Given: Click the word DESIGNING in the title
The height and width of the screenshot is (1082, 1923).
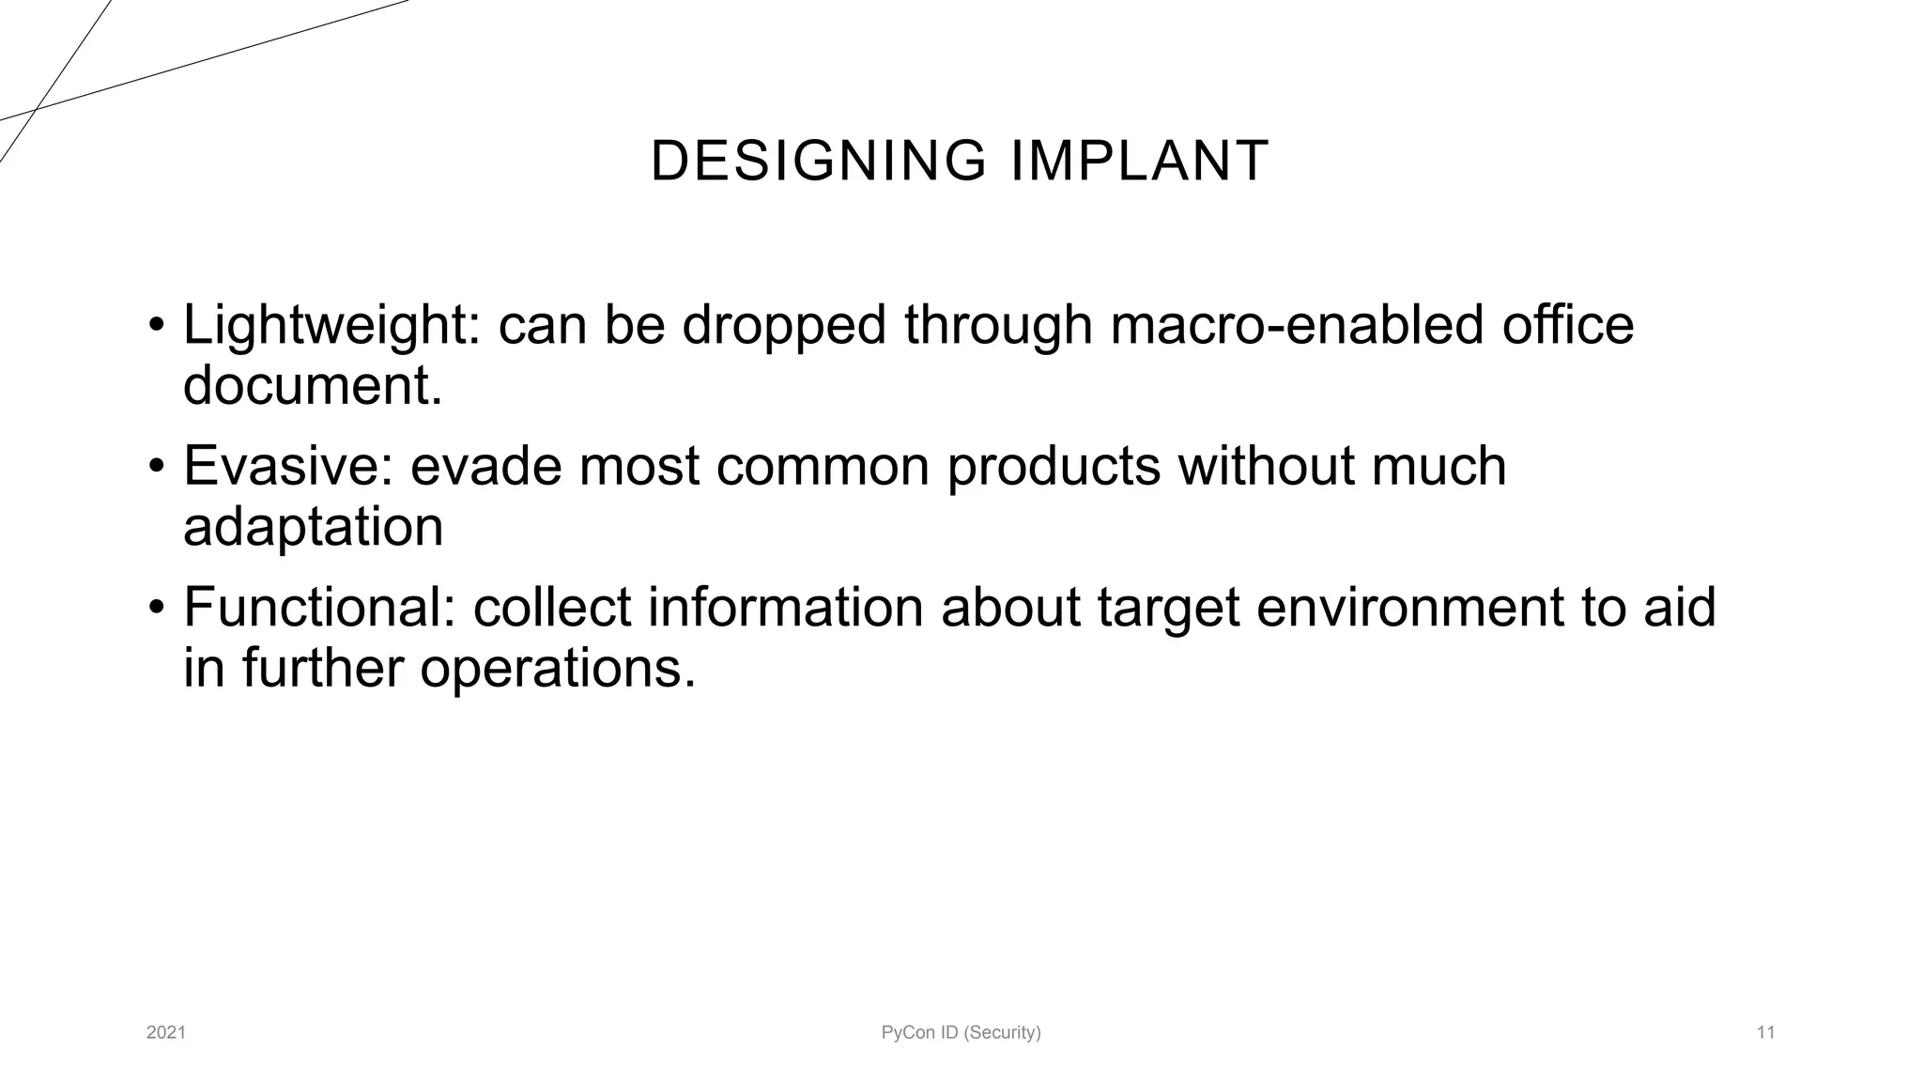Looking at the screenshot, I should pyautogui.click(x=818, y=161).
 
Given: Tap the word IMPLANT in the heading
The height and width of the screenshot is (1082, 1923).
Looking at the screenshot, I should pyautogui.click(x=1140, y=161).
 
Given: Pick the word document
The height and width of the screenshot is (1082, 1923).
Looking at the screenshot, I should pyautogui.click(x=313, y=386).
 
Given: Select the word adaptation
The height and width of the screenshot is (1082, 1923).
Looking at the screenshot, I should pyautogui.click(x=313, y=527).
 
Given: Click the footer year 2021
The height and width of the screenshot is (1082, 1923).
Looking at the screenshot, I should pyautogui.click(x=166, y=1033).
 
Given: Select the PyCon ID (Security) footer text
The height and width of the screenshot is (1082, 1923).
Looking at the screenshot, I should pyautogui.click(x=961, y=1033).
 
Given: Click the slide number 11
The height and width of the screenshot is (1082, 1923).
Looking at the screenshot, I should pyautogui.click(x=1765, y=1033).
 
